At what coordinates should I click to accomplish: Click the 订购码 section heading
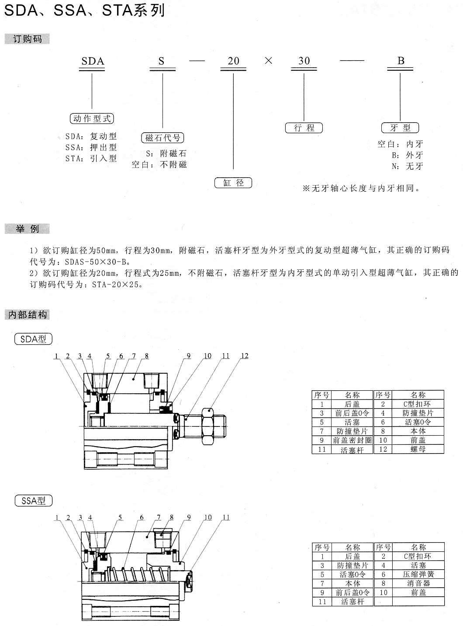pyautogui.click(x=27, y=39)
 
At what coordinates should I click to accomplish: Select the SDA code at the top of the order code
pyautogui.click(x=93, y=61)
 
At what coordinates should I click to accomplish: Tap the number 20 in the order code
pyautogui.click(x=233, y=61)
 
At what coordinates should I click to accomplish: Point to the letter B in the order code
pyautogui.click(x=401, y=61)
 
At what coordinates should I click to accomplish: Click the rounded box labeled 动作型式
pyautogui.click(x=92, y=119)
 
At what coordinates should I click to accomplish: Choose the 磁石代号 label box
pyautogui.click(x=162, y=138)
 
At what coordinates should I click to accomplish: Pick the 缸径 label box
pyautogui.click(x=233, y=183)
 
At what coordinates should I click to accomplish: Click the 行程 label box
pyautogui.click(x=304, y=128)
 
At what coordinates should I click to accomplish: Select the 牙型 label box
pyautogui.click(x=400, y=128)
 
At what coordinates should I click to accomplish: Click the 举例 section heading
pyautogui.click(x=27, y=229)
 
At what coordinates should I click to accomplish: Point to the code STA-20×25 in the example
pyautogui.click(x=115, y=285)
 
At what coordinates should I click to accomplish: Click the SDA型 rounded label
pyautogui.click(x=33, y=339)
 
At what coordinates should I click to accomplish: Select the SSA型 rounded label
pyautogui.click(x=33, y=501)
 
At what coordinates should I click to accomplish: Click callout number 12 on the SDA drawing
pyautogui.click(x=245, y=356)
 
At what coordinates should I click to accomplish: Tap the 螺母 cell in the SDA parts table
pyautogui.click(x=418, y=449)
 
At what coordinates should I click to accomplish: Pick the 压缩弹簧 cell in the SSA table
pyautogui.click(x=418, y=574)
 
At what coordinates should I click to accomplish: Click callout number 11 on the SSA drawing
pyautogui.click(x=226, y=517)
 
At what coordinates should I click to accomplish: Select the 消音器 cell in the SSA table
pyautogui.click(x=418, y=583)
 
